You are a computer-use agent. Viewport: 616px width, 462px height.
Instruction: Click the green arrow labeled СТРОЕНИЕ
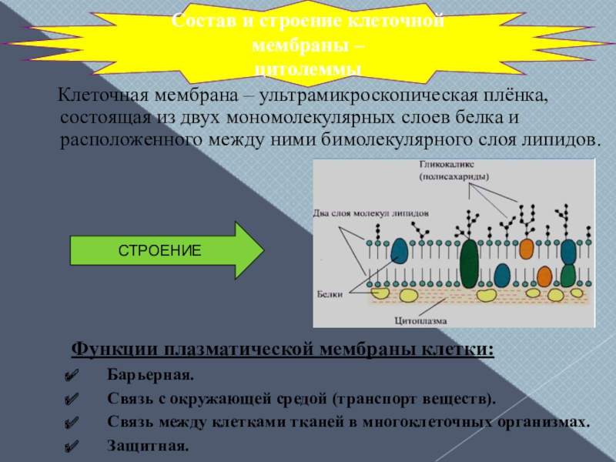(166, 250)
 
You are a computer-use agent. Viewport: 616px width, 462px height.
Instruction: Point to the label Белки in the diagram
(329, 293)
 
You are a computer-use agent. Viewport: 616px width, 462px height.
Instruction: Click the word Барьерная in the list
(151, 375)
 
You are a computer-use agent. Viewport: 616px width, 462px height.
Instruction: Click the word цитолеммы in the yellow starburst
(308, 70)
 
